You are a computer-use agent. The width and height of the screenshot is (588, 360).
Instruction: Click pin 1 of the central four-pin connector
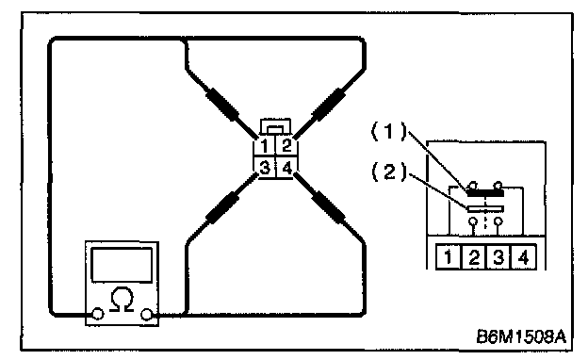(x=265, y=145)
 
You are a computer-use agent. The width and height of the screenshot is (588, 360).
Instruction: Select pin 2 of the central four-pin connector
(x=286, y=145)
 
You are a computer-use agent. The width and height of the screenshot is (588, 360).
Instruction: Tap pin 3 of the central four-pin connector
(x=265, y=167)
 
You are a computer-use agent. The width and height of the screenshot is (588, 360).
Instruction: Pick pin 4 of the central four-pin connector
(x=286, y=167)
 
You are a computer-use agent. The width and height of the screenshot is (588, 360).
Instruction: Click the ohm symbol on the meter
(x=122, y=300)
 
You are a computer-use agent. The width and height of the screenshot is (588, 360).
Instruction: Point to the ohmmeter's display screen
(x=122, y=265)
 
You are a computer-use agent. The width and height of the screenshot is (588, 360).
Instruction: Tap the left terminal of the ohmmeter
(x=97, y=314)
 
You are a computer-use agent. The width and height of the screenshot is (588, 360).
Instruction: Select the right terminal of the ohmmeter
(x=146, y=314)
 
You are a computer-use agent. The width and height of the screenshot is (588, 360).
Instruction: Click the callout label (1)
(x=389, y=131)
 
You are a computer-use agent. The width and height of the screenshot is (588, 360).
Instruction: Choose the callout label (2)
(x=389, y=172)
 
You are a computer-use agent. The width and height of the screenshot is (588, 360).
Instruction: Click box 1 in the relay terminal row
(x=448, y=257)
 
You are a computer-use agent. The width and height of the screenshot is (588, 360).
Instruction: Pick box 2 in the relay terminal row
(x=474, y=257)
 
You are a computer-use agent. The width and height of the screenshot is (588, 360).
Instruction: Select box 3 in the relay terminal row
(x=498, y=257)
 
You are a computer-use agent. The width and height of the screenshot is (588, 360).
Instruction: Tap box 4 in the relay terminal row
(x=524, y=257)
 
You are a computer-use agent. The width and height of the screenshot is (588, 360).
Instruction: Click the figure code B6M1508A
(x=521, y=336)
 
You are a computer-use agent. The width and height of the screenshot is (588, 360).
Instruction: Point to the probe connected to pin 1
(x=221, y=104)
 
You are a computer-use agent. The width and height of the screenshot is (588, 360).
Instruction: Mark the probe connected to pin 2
(x=329, y=105)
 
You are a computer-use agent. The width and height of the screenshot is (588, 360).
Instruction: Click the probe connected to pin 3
(x=222, y=208)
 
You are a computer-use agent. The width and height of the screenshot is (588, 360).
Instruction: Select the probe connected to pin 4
(x=329, y=207)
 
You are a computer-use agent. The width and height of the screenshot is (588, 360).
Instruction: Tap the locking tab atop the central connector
(x=275, y=127)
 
